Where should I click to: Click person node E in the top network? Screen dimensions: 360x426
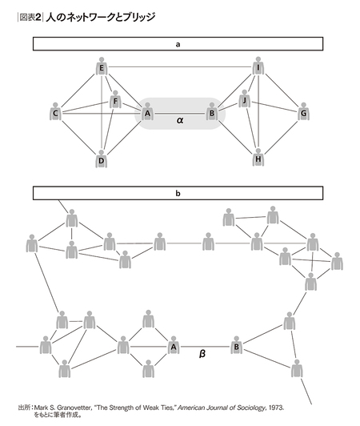pos(102,66)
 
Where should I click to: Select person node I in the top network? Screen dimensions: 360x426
pos(258,66)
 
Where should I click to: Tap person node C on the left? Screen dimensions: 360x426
pos(55,111)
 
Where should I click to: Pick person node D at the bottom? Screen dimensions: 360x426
pos(102,159)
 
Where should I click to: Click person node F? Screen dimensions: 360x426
pos(115,100)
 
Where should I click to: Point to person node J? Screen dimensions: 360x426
pos(245,99)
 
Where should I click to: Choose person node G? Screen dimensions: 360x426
pos(303,111)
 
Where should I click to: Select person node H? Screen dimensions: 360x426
pos(258,157)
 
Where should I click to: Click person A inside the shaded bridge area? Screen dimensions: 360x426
pos(147,111)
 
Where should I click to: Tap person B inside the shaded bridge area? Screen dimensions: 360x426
pos(212,111)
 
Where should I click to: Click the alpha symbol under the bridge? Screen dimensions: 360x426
pos(180,120)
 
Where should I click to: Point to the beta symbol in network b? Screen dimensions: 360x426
pos(202,353)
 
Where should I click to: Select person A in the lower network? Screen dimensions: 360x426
pos(174,345)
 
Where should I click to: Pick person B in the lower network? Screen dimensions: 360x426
pos(237,345)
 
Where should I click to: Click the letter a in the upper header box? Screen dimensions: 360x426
pos(178,44)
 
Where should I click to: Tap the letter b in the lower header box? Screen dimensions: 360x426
pos(178,193)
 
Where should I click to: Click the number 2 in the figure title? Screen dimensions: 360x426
pos(38,18)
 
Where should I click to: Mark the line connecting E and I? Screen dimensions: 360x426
pos(180,66)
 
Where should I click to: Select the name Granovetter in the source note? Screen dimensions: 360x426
pos(74,408)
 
